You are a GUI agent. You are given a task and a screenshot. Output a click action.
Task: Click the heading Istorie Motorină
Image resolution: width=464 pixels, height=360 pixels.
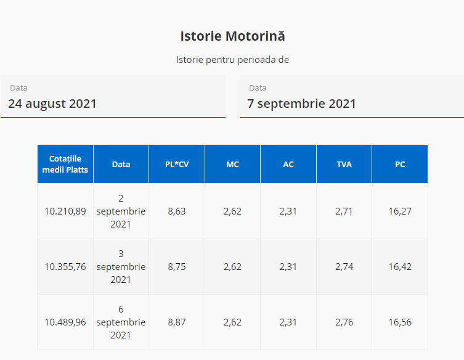[232, 36]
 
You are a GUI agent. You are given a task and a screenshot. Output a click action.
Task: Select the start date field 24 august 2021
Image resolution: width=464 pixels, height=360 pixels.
[113, 103]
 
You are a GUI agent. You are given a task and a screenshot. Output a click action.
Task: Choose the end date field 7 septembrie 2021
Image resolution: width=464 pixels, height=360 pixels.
[351, 103]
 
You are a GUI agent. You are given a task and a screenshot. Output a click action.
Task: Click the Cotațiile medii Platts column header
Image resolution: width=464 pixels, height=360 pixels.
[65, 164]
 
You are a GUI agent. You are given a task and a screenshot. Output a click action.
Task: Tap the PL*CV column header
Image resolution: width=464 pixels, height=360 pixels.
[177, 164]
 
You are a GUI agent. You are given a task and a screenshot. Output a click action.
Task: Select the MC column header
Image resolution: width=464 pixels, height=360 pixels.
[232, 164]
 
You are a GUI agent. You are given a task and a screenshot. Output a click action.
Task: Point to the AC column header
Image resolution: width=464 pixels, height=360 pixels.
[288, 164]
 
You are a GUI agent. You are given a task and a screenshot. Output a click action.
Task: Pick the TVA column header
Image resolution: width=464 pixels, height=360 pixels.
[344, 164]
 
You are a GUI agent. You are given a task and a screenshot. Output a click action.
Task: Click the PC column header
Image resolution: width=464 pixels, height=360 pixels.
[400, 164]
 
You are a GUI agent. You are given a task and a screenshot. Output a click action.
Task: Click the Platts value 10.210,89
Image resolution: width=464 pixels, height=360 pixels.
[65, 211]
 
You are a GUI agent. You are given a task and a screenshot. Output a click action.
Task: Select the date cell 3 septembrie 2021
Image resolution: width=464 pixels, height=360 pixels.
[121, 267]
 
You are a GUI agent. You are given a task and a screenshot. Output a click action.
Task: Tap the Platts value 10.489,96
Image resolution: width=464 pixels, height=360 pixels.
[65, 322]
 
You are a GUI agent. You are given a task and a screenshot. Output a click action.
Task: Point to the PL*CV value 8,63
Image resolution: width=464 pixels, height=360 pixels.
[177, 211]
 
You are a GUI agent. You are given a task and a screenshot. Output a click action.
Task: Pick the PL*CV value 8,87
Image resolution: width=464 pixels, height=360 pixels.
[177, 322]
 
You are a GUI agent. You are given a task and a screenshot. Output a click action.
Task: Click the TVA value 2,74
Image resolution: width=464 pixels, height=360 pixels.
[344, 267]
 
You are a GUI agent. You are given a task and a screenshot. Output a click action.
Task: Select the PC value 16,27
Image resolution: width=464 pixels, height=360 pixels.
[400, 211]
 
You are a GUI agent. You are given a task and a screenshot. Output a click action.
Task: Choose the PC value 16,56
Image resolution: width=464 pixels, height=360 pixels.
[400, 322]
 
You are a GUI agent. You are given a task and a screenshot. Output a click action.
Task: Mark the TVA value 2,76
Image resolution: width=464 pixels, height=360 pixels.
[344, 322]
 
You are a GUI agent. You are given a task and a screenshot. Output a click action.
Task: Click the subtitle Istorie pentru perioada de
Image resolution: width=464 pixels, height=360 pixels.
[232, 60]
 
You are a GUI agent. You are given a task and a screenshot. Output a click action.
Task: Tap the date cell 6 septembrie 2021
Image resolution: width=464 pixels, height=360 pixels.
[121, 322]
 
